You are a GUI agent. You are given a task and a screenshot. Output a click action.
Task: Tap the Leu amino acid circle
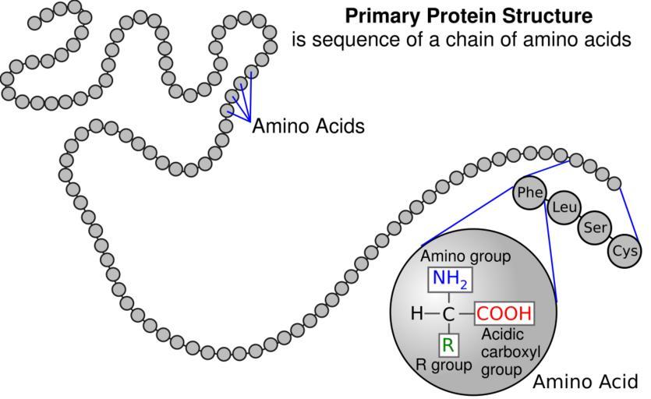pos(563,210)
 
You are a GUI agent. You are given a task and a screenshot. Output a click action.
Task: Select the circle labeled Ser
pos(593,228)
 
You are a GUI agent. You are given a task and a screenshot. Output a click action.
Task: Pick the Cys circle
pos(624,251)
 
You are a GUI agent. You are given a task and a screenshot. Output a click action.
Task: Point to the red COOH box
pos(504,314)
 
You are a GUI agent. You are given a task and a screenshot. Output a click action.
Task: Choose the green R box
pos(448,344)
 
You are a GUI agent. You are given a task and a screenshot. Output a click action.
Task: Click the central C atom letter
pos(448,315)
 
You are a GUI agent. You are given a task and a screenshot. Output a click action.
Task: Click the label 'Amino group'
pos(465,256)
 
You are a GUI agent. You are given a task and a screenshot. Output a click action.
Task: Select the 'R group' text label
pos(443,365)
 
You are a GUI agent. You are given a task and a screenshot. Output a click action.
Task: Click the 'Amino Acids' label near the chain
pos(308,126)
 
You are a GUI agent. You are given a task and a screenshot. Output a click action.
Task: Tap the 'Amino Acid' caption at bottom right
pos(585,383)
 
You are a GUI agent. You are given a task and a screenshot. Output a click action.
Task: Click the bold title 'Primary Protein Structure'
pos(469,16)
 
